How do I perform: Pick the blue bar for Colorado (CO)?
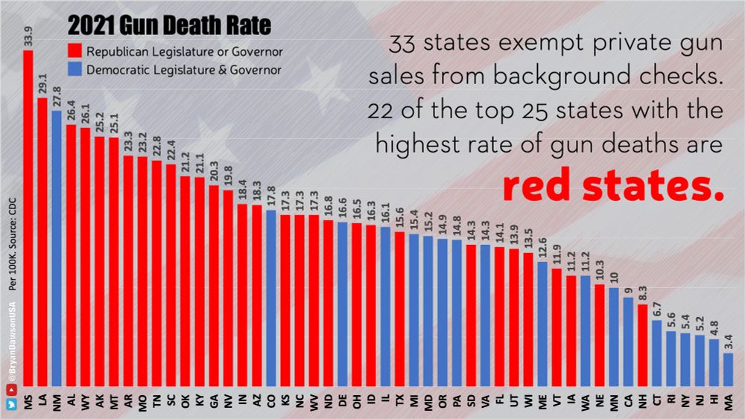click(271, 298)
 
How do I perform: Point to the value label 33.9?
click(28, 36)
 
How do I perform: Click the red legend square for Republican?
click(74, 52)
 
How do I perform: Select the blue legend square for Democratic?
click(74, 70)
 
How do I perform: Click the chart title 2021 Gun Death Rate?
click(169, 28)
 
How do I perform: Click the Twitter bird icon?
click(11, 405)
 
